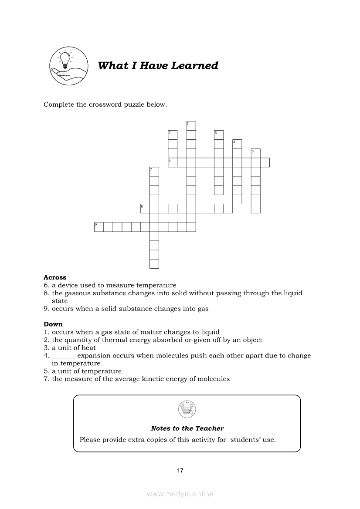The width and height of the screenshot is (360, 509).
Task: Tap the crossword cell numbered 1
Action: [x=191, y=126]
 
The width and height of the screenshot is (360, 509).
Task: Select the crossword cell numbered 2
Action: [x=173, y=135]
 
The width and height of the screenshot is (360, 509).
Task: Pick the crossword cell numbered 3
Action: [x=218, y=135]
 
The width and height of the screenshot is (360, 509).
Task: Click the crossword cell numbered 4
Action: [x=237, y=144]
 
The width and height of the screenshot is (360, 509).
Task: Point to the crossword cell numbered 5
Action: [x=255, y=153]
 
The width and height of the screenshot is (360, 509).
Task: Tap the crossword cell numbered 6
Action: [x=173, y=162]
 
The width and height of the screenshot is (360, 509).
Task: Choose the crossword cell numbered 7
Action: [x=154, y=172]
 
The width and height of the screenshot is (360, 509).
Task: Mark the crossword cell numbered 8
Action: [x=145, y=209]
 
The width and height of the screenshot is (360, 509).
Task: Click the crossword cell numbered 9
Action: [x=99, y=227]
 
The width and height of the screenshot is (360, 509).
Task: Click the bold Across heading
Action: [x=55, y=277]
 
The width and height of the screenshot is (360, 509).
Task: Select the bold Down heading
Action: [x=53, y=324]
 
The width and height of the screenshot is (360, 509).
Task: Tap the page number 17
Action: [x=180, y=470]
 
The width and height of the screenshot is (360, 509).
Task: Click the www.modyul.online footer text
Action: [x=180, y=494]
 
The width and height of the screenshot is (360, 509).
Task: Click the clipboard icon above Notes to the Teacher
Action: [x=187, y=409]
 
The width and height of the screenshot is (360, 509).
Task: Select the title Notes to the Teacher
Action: [x=187, y=428]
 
